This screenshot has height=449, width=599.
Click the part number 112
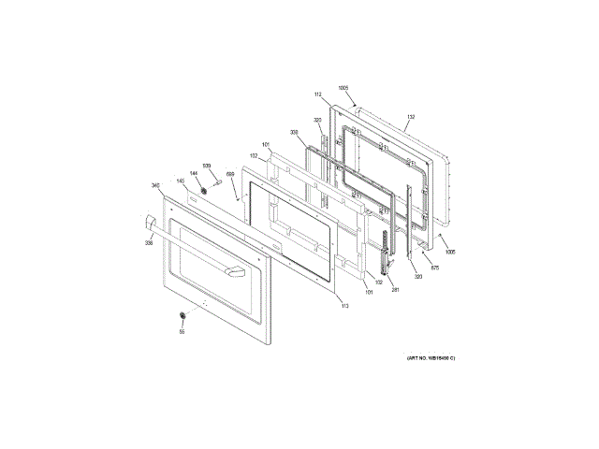click(x=318, y=95)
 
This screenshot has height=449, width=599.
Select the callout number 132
click(x=410, y=118)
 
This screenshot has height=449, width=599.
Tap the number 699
click(x=230, y=174)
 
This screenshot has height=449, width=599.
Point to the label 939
click(x=207, y=166)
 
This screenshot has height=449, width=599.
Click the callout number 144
click(x=194, y=173)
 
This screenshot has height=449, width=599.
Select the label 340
click(x=155, y=185)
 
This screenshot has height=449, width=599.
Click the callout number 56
click(x=182, y=331)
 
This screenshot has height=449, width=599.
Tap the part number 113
click(x=343, y=306)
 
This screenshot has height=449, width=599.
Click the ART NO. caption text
click(x=431, y=359)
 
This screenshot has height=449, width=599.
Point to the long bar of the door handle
click(x=192, y=248)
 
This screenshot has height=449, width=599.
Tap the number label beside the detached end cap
click(x=148, y=243)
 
